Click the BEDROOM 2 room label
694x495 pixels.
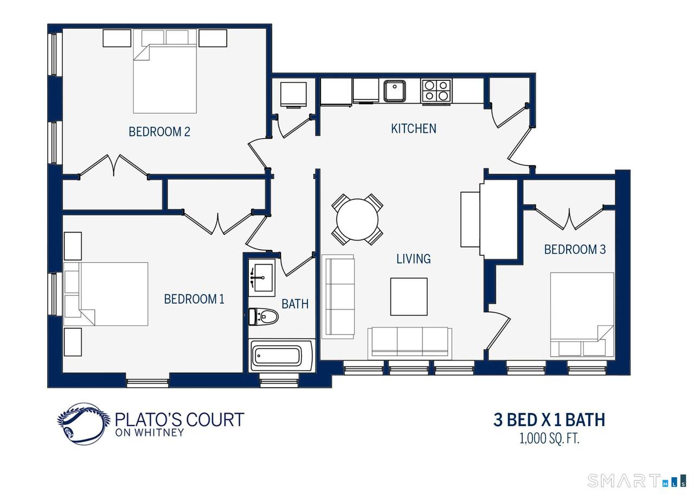[159, 132]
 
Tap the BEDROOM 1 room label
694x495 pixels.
[194, 299]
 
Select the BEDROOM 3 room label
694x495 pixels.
[575, 249]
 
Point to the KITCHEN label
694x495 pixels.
[414, 128]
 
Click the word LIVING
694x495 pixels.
[414, 259]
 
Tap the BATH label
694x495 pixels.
[295, 304]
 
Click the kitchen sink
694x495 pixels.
[395, 91]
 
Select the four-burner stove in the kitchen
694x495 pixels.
[436, 91]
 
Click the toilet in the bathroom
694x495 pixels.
[264, 316]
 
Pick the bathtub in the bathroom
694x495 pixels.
[281, 355]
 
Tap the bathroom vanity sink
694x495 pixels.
[262, 278]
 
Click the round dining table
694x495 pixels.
[357, 220]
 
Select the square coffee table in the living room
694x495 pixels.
[409, 297]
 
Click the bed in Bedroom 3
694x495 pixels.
[582, 314]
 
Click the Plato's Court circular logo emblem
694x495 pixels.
[83, 424]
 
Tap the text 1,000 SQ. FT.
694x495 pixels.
[549, 439]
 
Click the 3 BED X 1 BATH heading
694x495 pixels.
[549, 420]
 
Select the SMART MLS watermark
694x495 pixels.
[637, 481]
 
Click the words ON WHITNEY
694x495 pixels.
[150, 433]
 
